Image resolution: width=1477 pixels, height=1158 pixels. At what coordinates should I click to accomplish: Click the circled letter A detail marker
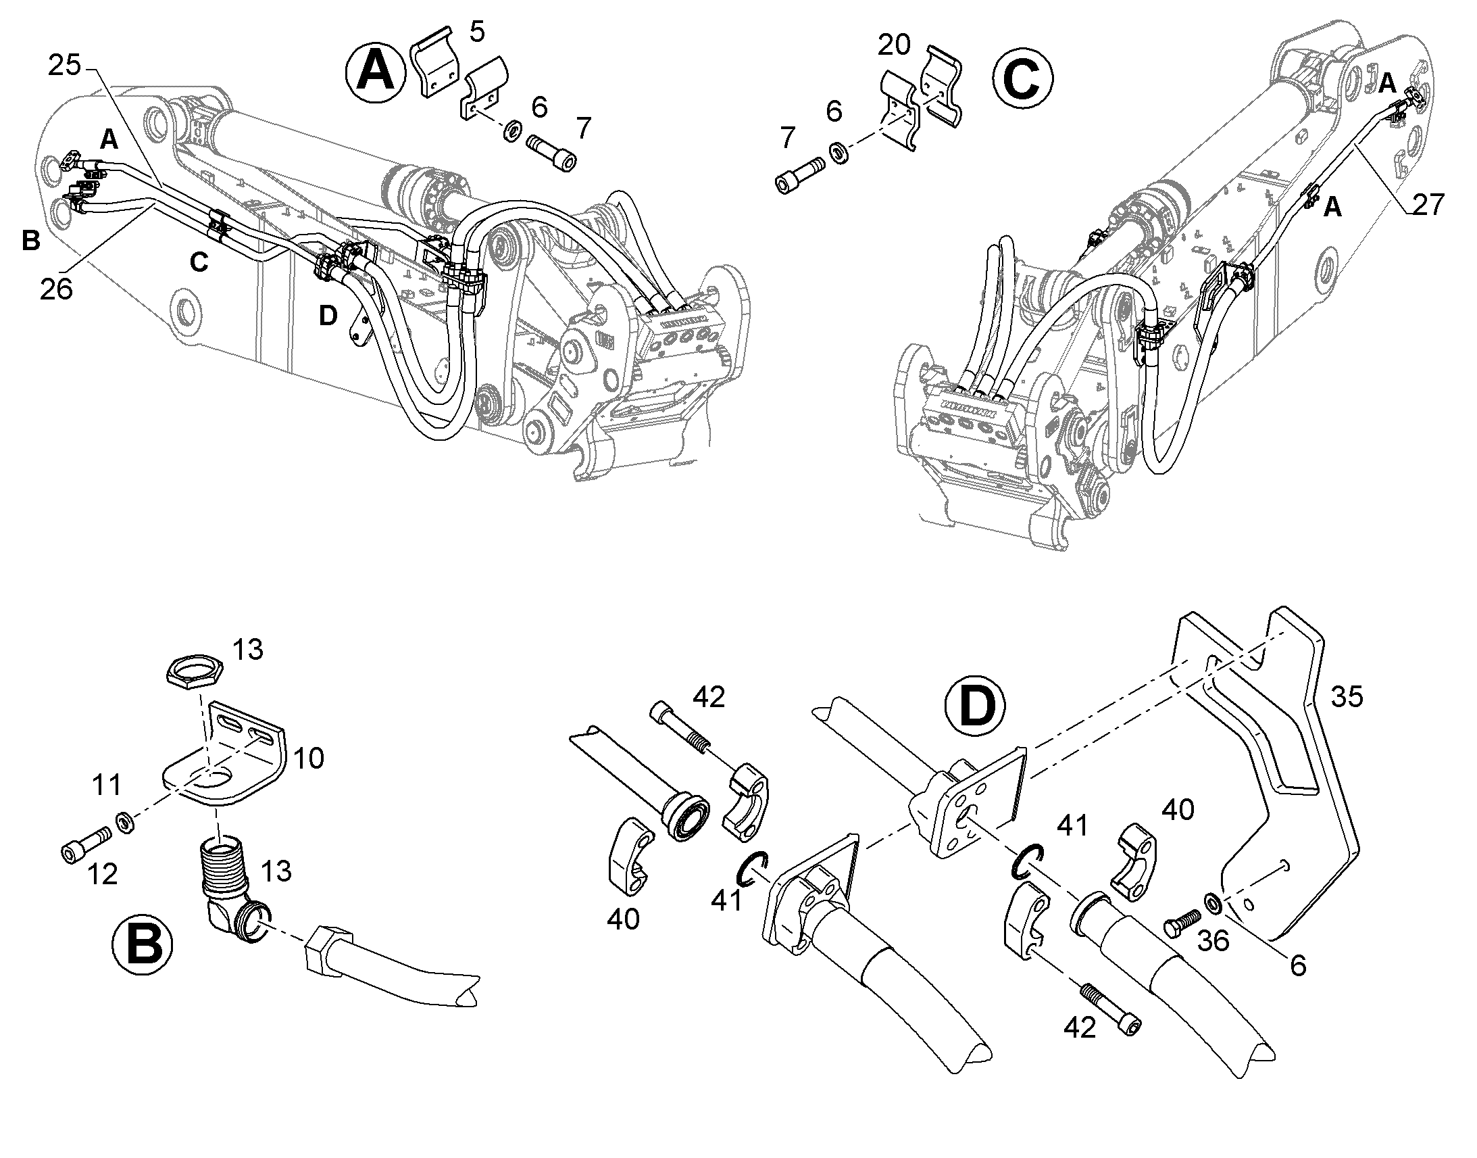(376, 72)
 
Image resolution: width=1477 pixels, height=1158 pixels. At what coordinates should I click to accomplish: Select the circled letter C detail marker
(1022, 80)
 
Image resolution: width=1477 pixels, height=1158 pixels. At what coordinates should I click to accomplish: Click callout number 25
(64, 66)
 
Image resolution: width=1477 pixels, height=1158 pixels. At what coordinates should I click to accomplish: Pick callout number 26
(56, 289)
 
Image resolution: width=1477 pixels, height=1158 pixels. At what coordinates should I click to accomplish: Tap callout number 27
(1428, 204)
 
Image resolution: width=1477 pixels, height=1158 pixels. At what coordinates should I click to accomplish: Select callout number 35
(1346, 697)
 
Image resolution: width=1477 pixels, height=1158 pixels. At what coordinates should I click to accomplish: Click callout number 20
(895, 45)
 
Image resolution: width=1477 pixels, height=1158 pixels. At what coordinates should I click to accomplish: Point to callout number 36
(1213, 941)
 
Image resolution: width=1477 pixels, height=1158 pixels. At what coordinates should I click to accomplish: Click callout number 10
(308, 758)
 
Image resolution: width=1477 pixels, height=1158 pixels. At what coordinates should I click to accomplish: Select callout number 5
(477, 32)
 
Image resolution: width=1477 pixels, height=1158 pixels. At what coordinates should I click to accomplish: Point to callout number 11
(106, 785)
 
